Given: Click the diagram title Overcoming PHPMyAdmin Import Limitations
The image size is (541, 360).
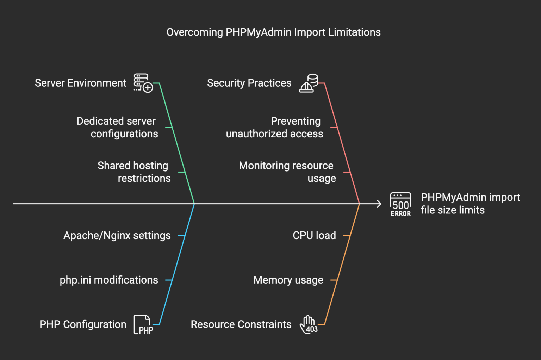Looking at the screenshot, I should (x=273, y=32).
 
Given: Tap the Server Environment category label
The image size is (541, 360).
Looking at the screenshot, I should (x=80, y=83).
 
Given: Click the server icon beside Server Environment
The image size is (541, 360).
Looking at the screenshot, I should (x=143, y=83).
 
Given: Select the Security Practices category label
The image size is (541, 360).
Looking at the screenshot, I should (x=249, y=83).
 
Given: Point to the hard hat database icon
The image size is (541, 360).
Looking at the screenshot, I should (x=309, y=83).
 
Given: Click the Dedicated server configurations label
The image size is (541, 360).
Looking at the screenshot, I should (x=117, y=128).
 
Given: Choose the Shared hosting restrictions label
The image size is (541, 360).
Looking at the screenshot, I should (x=134, y=172).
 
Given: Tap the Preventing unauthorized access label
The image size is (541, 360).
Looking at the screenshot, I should (x=275, y=128).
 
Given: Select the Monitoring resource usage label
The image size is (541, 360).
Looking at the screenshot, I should (x=287, y=172).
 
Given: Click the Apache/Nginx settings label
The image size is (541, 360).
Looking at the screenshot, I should (x=117, y=235).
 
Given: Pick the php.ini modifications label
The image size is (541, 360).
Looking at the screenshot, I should (x=109, y=280).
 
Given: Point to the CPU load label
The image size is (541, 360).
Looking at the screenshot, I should (x=314, y=235).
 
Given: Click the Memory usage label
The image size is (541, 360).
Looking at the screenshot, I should (x=288, y=280).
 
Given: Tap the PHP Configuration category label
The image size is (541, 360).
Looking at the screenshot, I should (x=83, y=324).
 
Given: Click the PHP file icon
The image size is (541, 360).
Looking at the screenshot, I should (x=143, y=325).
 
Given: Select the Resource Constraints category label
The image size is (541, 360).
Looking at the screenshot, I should (x=241, y=324).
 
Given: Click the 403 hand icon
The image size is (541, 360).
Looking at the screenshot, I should (x=309, y=325).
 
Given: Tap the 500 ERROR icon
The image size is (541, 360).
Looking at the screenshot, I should (x=400, y=204).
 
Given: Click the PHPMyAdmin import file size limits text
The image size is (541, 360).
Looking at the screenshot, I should (x=470, y=204).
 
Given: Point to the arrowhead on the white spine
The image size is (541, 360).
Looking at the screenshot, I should (x=379, y=204).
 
